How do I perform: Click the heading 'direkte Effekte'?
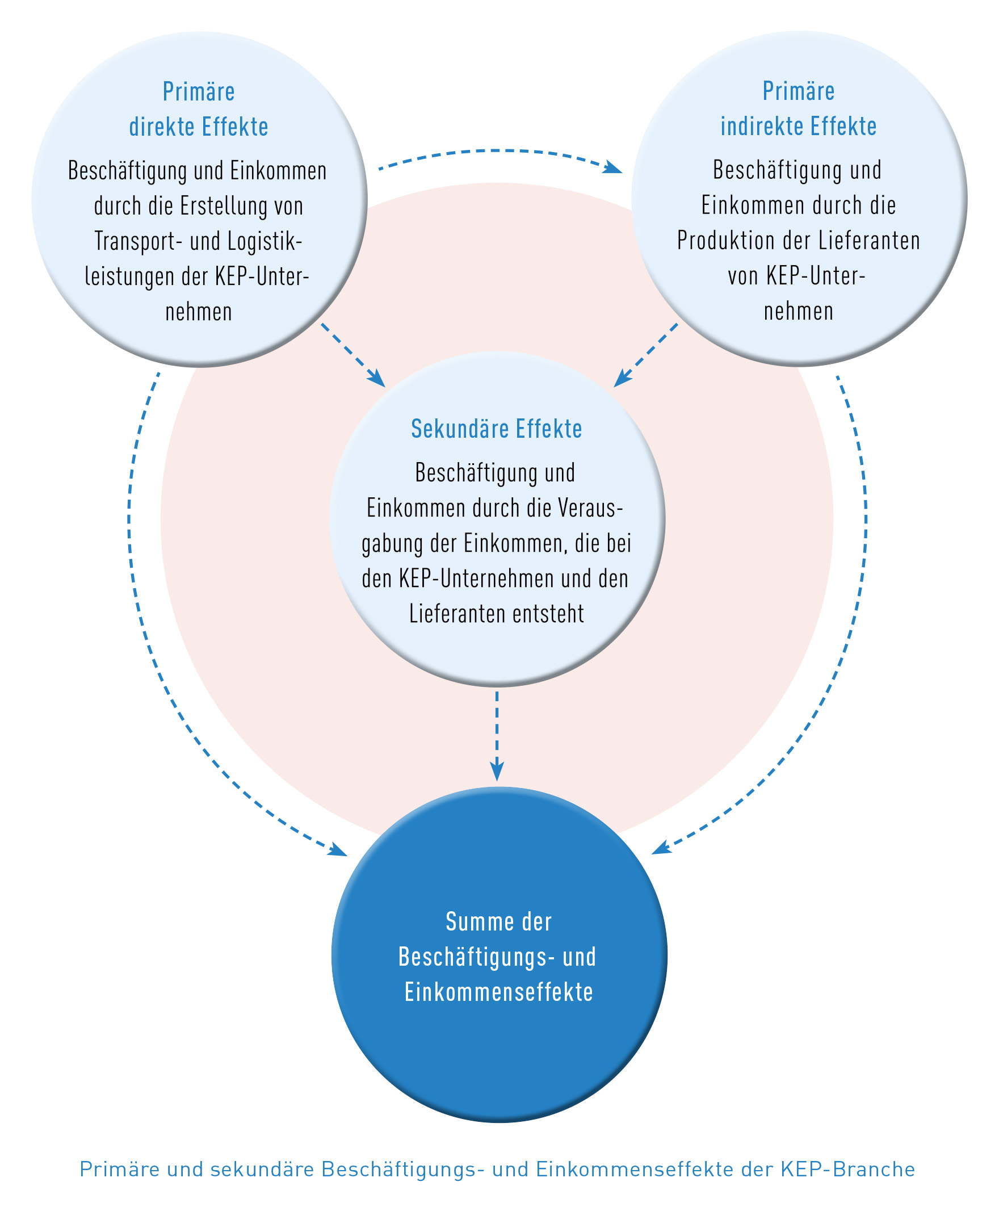click(198, 127)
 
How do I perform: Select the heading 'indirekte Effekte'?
click(799, 127)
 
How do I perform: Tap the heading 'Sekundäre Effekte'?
click(497, 429)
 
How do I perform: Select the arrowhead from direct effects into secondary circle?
click(377, 380)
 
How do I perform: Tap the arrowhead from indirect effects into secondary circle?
click(621, 380)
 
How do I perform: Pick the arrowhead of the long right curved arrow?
click(660, 849)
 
